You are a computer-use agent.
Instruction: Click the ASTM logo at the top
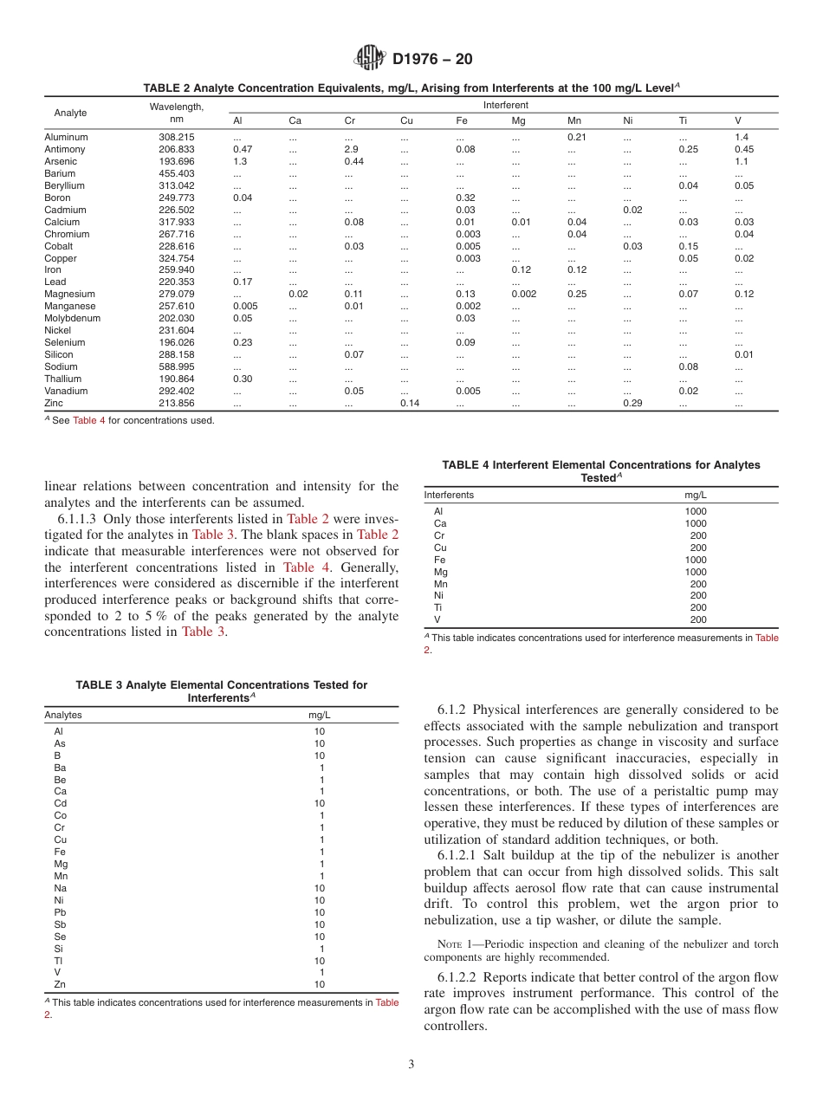tap(370, 59)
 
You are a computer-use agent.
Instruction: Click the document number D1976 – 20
tap(432, 59)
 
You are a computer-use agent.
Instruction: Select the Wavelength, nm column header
tap(177, 113)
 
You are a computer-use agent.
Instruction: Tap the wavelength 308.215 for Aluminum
tap(177, 137)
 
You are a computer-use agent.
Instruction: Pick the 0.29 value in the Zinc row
tap(632, 403)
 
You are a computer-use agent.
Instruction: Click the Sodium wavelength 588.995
tap(177, 366)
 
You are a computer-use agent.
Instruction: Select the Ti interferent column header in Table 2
tap(683, 120)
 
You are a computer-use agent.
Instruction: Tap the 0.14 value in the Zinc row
tap(410, 403)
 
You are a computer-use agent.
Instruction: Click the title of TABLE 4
tap(600, 471)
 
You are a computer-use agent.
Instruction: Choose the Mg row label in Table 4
tap(441, 572)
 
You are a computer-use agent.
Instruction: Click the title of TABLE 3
tap(221, 690)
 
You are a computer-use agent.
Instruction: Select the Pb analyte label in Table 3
tap(60, 912)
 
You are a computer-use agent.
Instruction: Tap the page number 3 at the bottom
tap(411, 1063)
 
